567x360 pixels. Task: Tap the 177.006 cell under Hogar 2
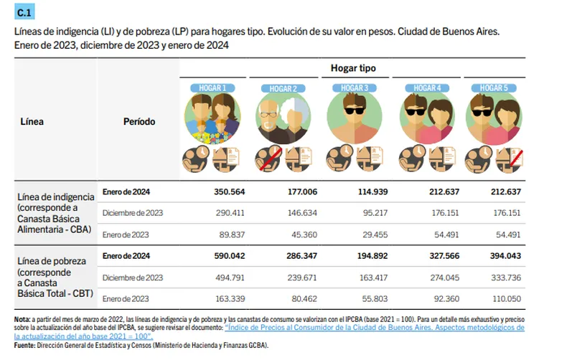point(296,192)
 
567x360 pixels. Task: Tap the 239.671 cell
point(296,277)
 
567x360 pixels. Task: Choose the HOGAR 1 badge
point(208,88)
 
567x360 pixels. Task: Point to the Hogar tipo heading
point(353,69)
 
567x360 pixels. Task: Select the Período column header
point(139,122)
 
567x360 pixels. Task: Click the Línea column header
point(31,122)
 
